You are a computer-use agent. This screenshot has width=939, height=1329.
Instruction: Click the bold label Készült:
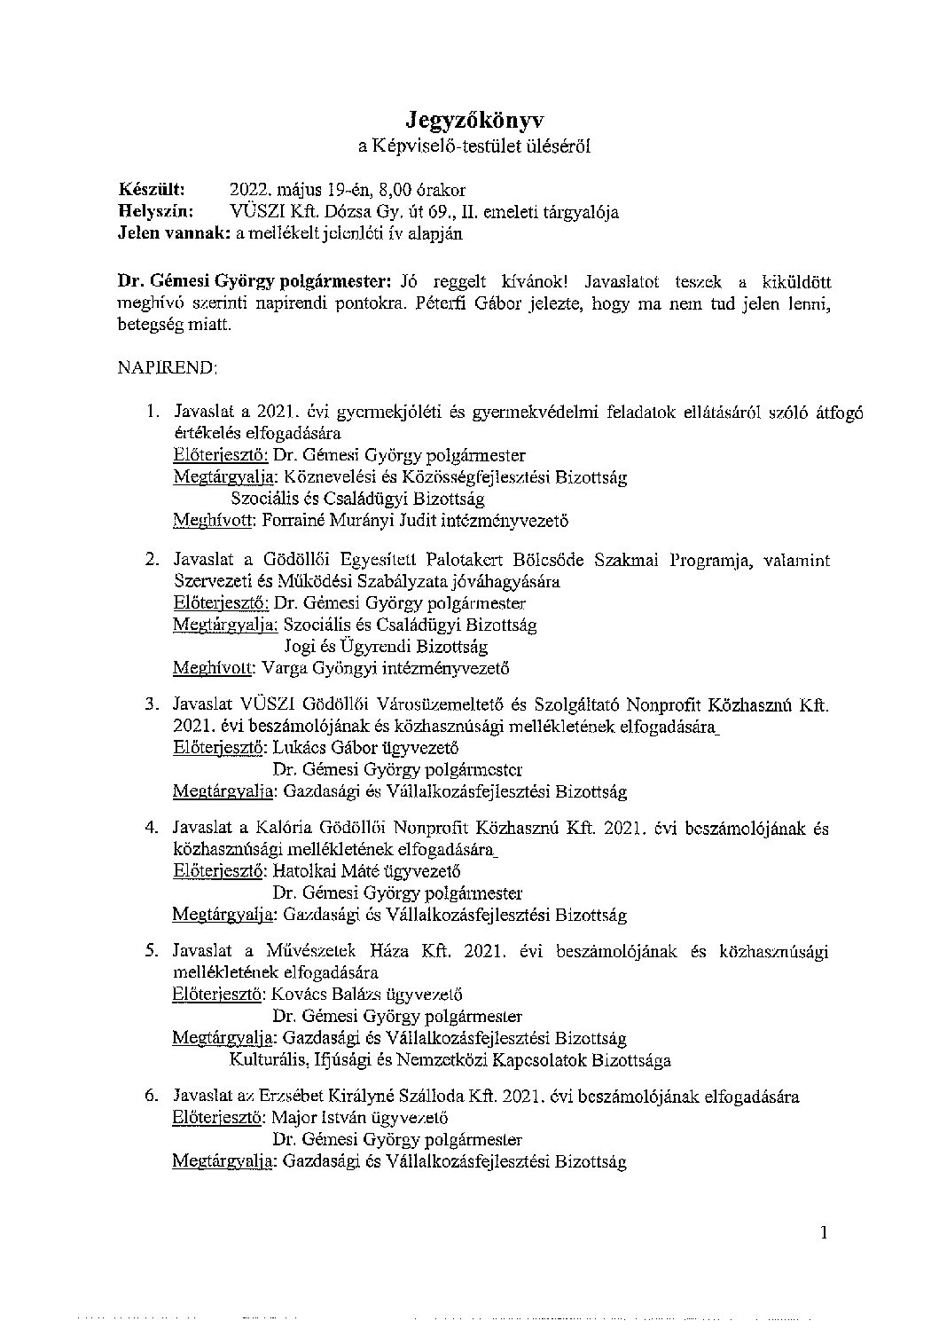[152, 190]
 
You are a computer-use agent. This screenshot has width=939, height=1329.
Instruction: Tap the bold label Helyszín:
[155, 212]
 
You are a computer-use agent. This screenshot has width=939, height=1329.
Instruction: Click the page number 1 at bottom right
[825, 1232]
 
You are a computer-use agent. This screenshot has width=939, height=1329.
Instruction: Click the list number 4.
[151, 828]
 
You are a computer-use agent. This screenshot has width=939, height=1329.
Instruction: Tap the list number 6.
[151, 1097]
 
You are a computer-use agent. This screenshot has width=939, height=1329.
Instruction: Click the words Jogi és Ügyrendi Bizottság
[386, 647]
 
